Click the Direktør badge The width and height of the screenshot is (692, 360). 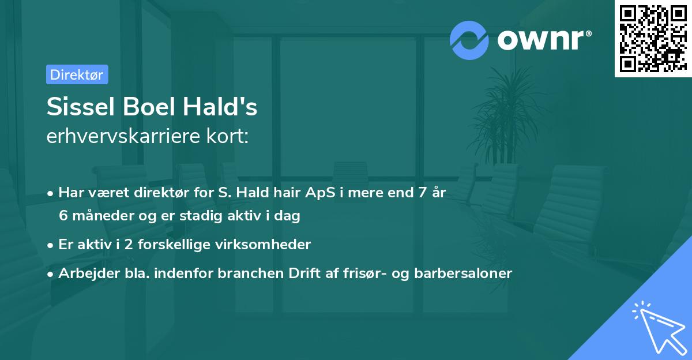[x=77, y=74]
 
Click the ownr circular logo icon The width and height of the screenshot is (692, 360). [x=469, y=40]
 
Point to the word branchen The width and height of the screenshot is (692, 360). [x=247, y=273]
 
